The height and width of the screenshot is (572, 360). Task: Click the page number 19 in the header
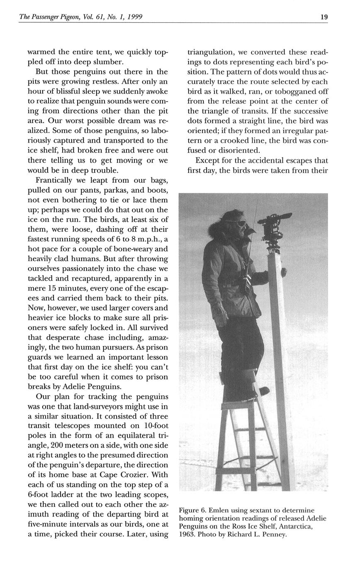(x=324, y=17)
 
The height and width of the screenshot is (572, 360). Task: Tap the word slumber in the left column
(x=109, y=62)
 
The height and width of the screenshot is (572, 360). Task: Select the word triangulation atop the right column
(x=210, y=53)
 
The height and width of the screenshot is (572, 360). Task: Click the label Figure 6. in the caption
(x=192, y=510)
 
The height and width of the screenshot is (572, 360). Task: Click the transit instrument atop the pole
(x=274, y=226)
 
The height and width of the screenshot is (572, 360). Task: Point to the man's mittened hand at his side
(x=220, y=313)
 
